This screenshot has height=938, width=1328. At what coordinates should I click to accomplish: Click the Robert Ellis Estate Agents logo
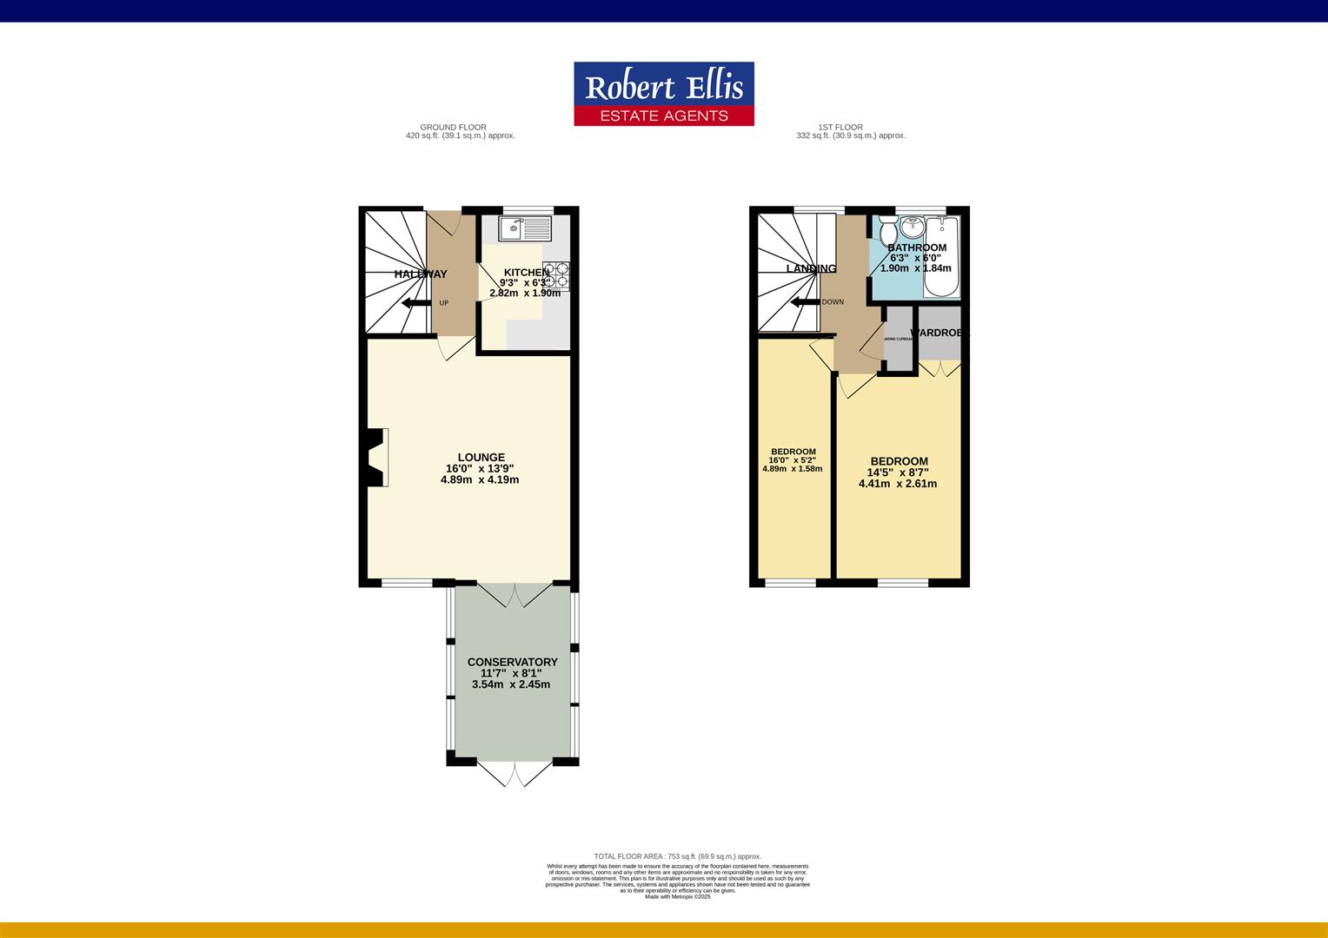pyautogui.click(x=663, y=94)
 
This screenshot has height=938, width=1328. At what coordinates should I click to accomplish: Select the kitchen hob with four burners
pyautogui.click(x=556, y=274)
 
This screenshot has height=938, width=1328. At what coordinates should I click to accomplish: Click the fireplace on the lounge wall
pyautogui.click(x=376, y=458)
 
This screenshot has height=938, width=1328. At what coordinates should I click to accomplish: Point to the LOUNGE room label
pyautogui.click(x=481, y=458)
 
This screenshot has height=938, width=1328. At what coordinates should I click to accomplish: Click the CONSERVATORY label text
pyautogui.click(x=512, y=662)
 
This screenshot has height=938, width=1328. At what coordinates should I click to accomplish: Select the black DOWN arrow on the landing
pyautogui.click(x=804, y=302)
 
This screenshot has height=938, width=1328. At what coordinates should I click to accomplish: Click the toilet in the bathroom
pyautogui.click(x=887, y=233)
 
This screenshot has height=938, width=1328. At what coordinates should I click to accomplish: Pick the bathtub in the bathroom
pyautogui.click(x=944, y=256)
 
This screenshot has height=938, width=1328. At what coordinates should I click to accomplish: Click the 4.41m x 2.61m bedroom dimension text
pyautogui.click(x=898, y=484)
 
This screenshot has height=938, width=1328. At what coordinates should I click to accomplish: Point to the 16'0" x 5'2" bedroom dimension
pyautogui.click(x=793, y=460)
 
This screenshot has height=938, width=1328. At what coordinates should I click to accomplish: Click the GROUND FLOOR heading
pyautogui.click(x=453, y=127)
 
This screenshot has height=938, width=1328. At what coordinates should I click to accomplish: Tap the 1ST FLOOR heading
pyautogui.click(x=840, y=127)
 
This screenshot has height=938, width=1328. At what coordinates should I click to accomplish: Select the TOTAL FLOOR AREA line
pyautogui.click(x=677, y=856)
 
